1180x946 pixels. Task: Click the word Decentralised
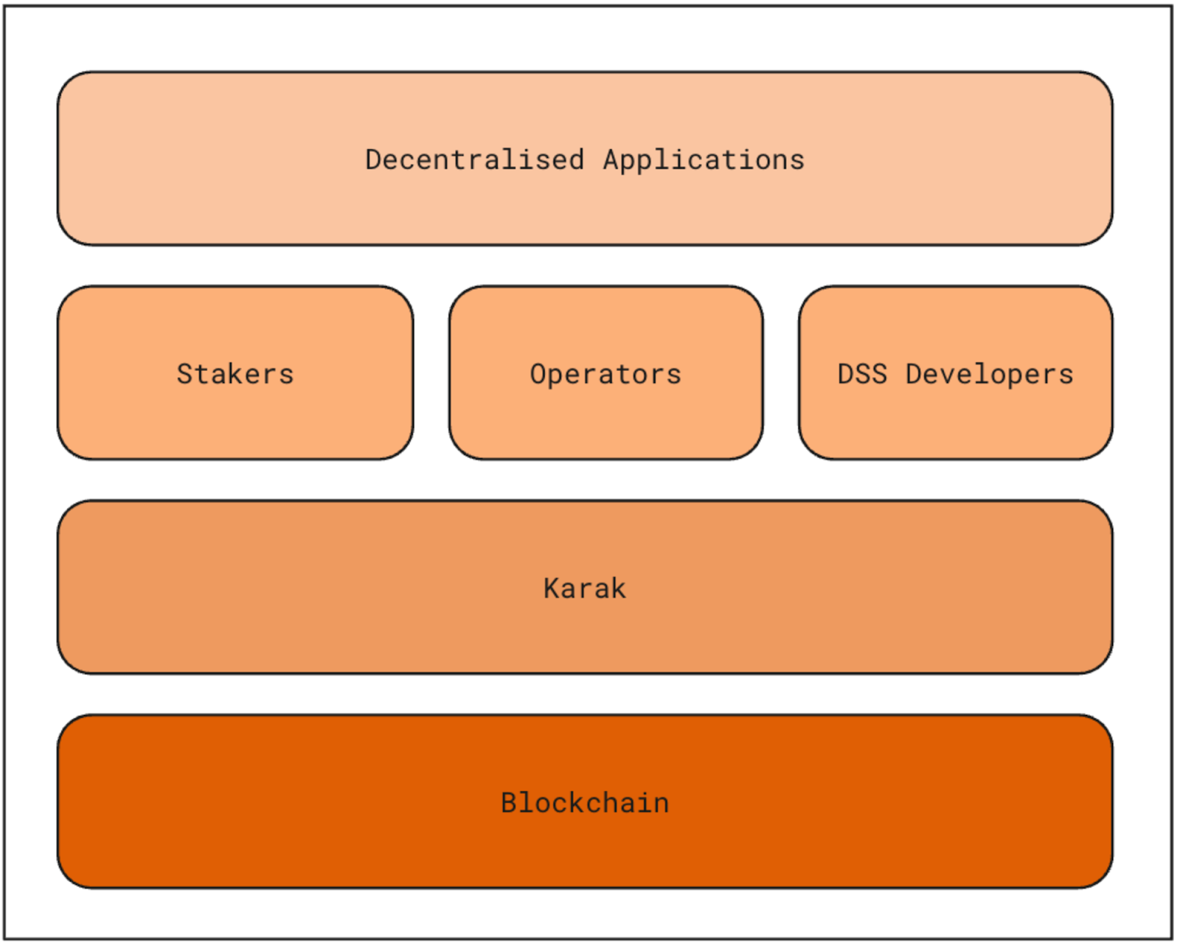pyautogui.click(x=474, y=160)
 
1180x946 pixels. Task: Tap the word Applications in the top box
pyautogui.click(x=704, y=160)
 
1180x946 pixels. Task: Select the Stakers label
pyautogui.click(x=235, y=374)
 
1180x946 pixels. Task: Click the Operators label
pyautogui.click(x=605, y=374)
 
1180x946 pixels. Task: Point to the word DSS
pyautogui.click(x=862, y=374)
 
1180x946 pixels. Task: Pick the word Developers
pyautogui.click(x=989, y=374)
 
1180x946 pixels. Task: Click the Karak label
pyautogui.click(x=585, y=589)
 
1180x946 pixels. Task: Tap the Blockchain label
pyautogui.click(x=585, y=803)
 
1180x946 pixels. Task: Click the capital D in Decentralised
pyautogui.click(x=374, y=160)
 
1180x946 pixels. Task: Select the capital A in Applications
pyautogui.click(x=611, y=160)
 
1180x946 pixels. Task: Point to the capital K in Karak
pyautogui.click(x=552, y=589)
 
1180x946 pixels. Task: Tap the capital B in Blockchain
pyautogui.click(x=509, y=803)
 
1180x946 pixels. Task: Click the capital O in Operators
pyautogui.click(x=538, y=374)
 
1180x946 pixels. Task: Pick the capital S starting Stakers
pyautogui.click(x=184, y=374)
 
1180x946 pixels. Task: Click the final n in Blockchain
pyautogui.click(x=662, y=804)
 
